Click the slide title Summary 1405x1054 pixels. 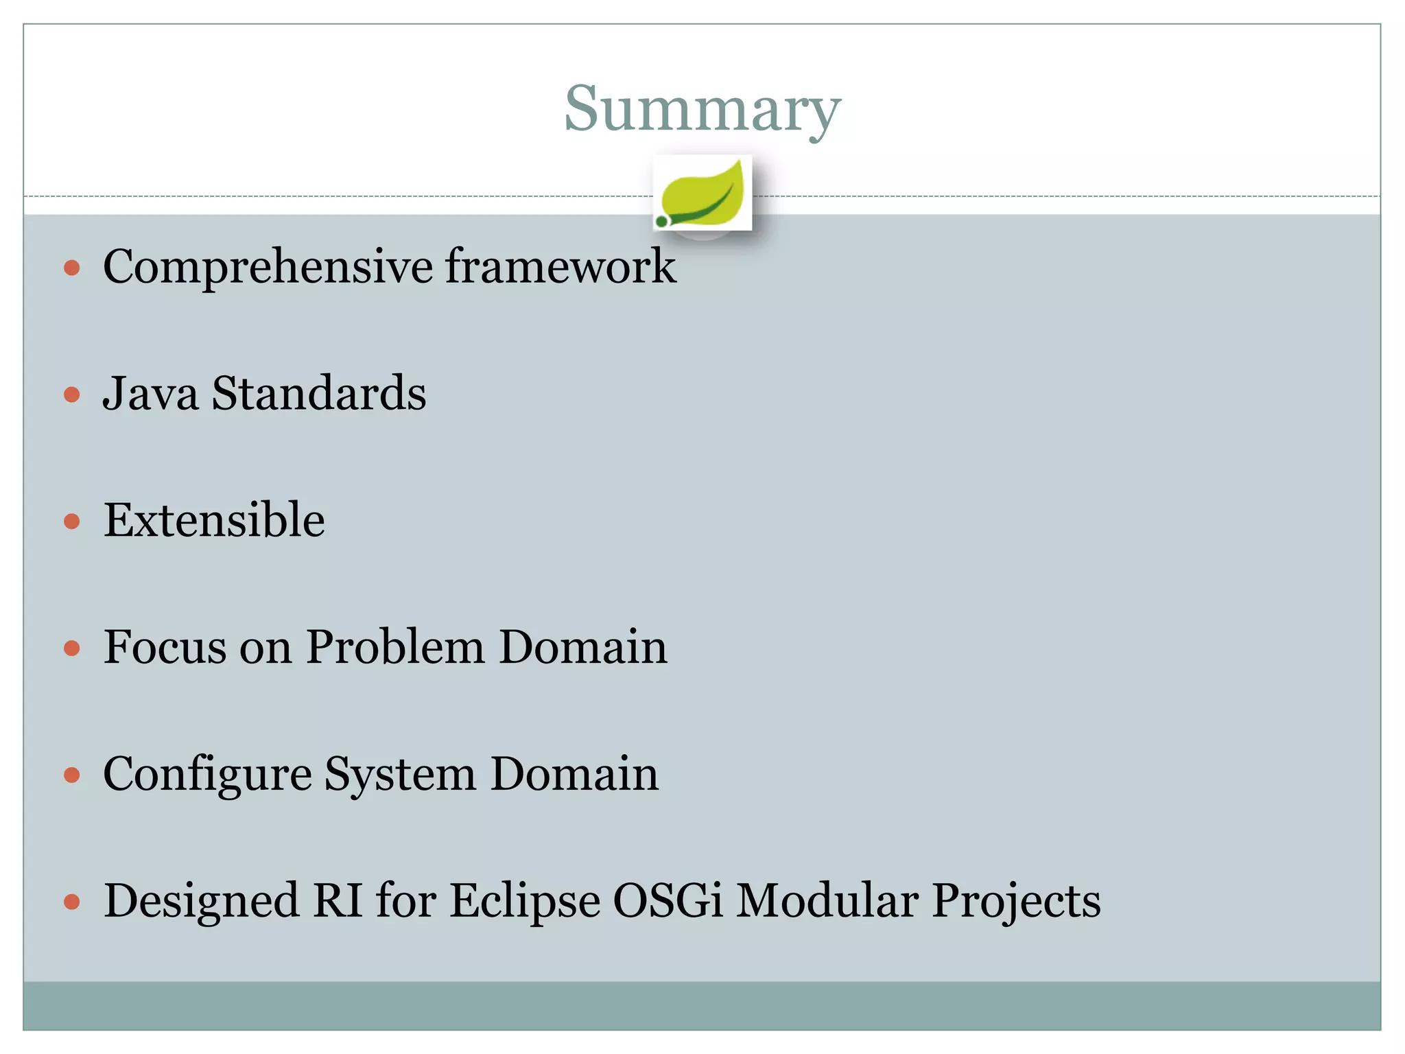coord(702,110)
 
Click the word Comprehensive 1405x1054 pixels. coord(268,268)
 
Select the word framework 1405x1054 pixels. coord(560,266)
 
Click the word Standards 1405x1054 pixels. coord(318,394)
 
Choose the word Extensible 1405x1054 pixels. coord(214,520)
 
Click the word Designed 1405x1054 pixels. coord(201,902)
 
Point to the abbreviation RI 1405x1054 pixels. coord(338,900)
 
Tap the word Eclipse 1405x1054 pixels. coord(525,902)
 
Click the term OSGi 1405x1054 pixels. coord(668,900)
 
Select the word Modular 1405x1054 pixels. coord(827,900)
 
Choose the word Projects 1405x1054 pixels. coord(1016,902)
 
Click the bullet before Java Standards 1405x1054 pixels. coord(72,395)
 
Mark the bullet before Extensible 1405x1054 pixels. coord(72,522)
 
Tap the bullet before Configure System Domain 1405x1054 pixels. coord(72,775)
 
